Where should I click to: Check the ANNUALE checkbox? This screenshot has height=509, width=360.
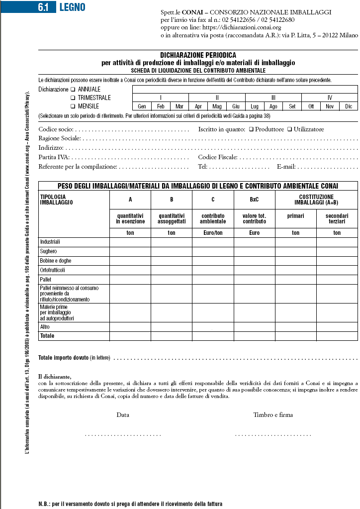coord(73,90)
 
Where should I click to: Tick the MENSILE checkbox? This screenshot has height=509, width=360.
coord(73,106)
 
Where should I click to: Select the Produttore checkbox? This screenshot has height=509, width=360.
coord(251,129)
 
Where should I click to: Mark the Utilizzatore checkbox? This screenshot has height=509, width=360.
coord(290,129)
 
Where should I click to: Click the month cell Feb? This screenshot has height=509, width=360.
coord(161,106)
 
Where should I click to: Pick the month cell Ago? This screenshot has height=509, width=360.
coord(273,106)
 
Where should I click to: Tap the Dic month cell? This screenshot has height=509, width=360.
coord(349,106)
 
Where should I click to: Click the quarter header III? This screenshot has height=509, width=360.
coord(273,98)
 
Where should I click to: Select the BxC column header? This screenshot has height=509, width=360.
coord(254,200)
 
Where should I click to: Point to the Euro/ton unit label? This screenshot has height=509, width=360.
coord(213,233)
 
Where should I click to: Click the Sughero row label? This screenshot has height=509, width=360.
coord(49,251)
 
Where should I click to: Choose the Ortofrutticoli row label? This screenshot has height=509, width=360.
coord(53,270)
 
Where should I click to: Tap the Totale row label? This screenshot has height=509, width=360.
coord(47,336)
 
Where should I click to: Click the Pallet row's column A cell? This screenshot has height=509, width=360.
coord(130,280)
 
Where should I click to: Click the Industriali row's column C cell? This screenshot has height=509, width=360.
coord(213,242)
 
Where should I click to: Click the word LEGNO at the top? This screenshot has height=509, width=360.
coord(72,7)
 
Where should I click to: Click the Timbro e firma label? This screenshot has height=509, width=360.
coord(273,414)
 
